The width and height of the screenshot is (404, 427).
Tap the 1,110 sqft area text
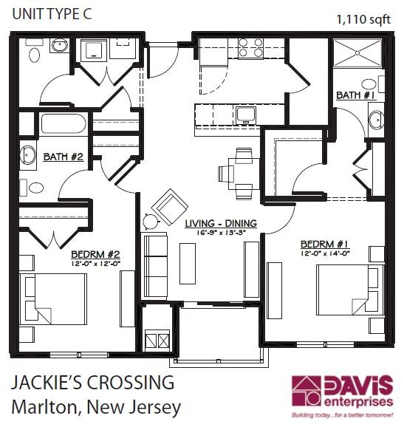362,19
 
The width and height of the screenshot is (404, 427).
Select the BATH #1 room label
356,95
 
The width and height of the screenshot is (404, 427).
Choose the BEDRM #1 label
324,242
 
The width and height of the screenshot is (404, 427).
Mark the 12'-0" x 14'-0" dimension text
324,252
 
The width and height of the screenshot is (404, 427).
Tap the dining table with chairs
239,173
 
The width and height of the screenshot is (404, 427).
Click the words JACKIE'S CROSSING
92,383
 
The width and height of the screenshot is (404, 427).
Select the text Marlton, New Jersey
95,407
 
